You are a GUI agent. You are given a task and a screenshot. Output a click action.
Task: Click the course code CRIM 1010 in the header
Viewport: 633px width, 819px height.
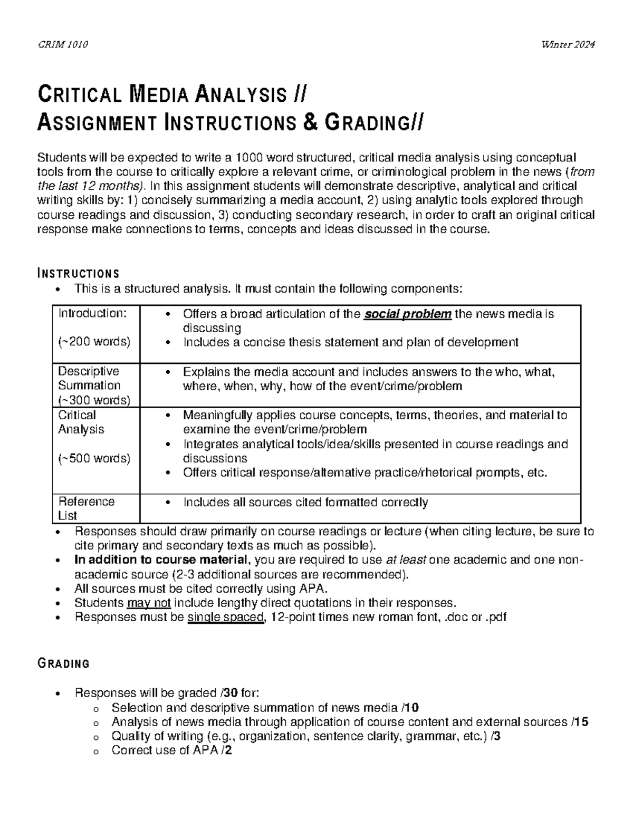(63, 45)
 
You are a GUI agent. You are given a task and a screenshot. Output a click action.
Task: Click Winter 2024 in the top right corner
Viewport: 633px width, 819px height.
(568, 45)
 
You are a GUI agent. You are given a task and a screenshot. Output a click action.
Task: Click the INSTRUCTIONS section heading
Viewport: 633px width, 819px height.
(78, 274)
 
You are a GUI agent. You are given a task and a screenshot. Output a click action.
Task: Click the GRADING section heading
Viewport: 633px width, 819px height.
(63, 663)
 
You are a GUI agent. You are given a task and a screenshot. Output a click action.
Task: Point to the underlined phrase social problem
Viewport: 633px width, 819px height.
(408, 314)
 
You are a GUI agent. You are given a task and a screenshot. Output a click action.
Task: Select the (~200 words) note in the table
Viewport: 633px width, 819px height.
(94, 342)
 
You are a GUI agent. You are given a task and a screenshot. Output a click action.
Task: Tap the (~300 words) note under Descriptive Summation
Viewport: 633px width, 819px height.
(94, 400)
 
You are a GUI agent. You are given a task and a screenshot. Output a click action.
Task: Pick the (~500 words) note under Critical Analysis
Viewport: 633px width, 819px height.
(94, 458)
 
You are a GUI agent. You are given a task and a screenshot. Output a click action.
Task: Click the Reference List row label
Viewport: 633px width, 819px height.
(86, 508)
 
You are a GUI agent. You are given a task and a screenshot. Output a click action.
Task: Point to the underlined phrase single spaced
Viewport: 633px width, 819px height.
(225, 617)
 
